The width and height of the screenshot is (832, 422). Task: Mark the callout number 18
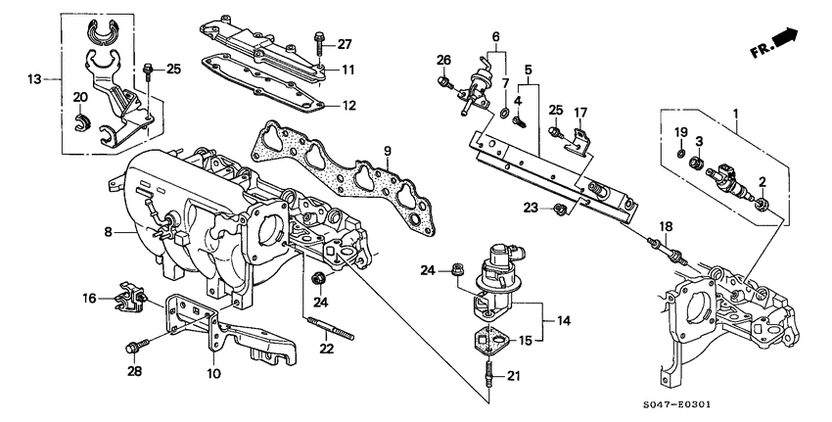(x=666, y=227)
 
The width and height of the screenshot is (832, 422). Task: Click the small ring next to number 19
(x=680, y=155)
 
